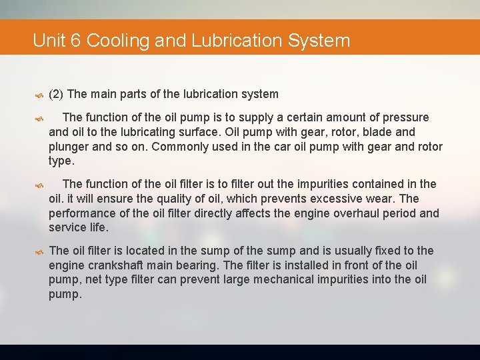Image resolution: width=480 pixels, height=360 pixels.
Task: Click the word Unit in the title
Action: point(49,41)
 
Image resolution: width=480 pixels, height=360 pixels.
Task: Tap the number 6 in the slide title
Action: point(75,41)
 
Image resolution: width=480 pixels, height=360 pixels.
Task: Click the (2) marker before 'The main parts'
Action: point(56,94)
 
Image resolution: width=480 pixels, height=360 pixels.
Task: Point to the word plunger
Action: point(71,147)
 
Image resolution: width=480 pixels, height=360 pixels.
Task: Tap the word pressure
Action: point(405,117)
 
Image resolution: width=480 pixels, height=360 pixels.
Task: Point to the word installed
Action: point(308,265)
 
